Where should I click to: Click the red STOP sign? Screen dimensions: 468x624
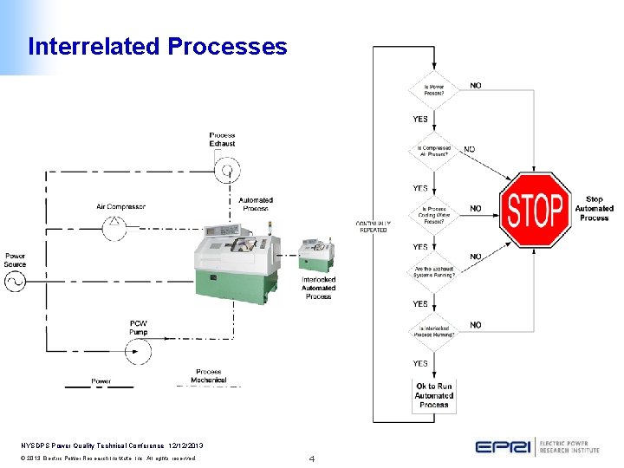536,209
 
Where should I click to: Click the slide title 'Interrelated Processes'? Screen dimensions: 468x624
157,46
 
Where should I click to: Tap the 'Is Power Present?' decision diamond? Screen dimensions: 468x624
432,88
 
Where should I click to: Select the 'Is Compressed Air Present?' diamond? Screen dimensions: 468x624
432,150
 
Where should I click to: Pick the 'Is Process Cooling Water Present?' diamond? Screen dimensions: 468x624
432,212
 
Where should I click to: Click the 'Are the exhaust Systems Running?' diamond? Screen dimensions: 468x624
432,271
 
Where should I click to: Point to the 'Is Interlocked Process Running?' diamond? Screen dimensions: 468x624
432,330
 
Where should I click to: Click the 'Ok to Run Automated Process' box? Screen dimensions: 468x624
433,395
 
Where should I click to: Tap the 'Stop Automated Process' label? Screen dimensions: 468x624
594,209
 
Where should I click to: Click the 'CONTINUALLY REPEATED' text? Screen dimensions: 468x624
373,226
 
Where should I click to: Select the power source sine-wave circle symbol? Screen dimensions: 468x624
15,281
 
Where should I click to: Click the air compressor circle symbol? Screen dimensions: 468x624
115,227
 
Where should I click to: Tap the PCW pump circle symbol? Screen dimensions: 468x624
136,351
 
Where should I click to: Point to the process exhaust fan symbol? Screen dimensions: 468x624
227,171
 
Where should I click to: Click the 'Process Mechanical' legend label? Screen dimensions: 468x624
208,376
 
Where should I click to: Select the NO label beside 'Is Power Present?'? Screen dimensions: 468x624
476,85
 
